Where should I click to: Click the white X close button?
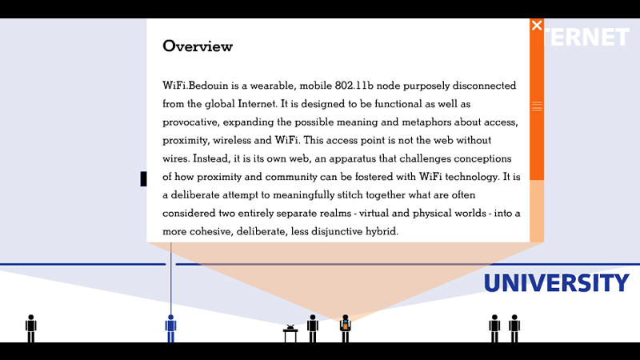click(x=537, y=26)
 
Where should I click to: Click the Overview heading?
click(x=198, y=46)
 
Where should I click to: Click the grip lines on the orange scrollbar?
click(x=537, y=106)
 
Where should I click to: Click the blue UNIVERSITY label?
click(x=555, y=283)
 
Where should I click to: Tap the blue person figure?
click(x=170, y=328)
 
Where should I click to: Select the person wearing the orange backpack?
click(x=346, y=328)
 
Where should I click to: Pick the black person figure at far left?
click(x=31, y=328)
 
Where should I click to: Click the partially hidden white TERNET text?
click(x=586, y=38)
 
